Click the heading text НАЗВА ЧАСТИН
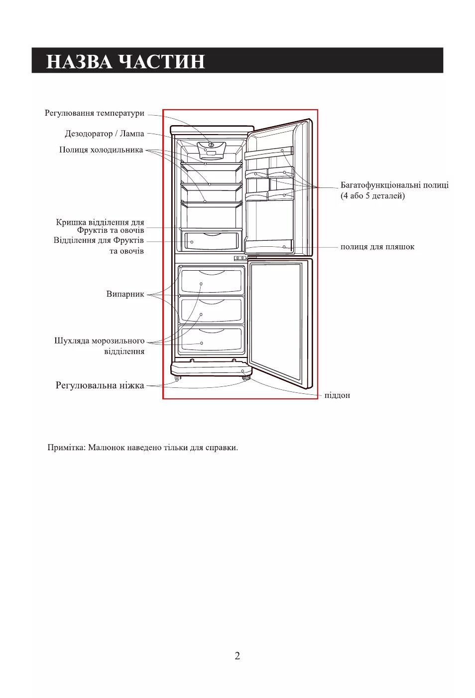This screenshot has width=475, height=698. [x=125, y=61]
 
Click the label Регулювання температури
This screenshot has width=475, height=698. [x=95, y=113]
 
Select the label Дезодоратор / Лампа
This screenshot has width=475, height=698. [x=105, y=134]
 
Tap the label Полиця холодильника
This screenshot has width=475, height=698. [x=101, y=150]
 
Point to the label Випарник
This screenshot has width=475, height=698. [x=125, y=294]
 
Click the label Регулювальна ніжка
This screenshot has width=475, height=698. [x=100, y=385]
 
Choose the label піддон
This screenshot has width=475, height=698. [x=337, y=395]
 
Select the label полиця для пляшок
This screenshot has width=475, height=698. [x=377, y=247]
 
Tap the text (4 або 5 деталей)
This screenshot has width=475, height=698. [x=372, y=196]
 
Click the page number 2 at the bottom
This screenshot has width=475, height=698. [x=237, y=656]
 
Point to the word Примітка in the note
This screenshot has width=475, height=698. [x=66, y=448]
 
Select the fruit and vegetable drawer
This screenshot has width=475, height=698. [x=211, y=241]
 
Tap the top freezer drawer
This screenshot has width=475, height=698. [x=211, y=281]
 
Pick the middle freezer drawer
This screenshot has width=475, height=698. [x=211, y=311]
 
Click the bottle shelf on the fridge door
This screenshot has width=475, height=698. [x=269, y=246]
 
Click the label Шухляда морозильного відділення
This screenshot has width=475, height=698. [x=100, y=346]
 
